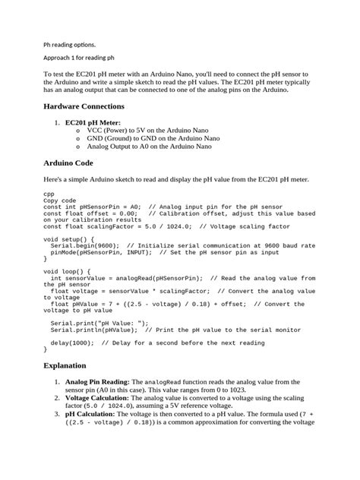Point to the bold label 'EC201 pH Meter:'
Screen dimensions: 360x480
coord(93,122)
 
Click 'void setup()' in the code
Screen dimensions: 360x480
coord(70,238)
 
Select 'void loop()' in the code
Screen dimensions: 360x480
coord(68,270)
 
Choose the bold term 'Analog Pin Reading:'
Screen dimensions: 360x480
coord(98,381)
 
